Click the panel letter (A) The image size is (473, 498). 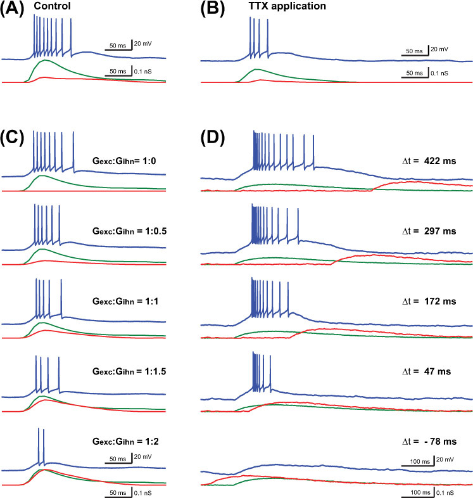point(14,11)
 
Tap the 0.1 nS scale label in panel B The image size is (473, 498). point(439,73)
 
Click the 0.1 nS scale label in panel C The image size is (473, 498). point(142,491)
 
